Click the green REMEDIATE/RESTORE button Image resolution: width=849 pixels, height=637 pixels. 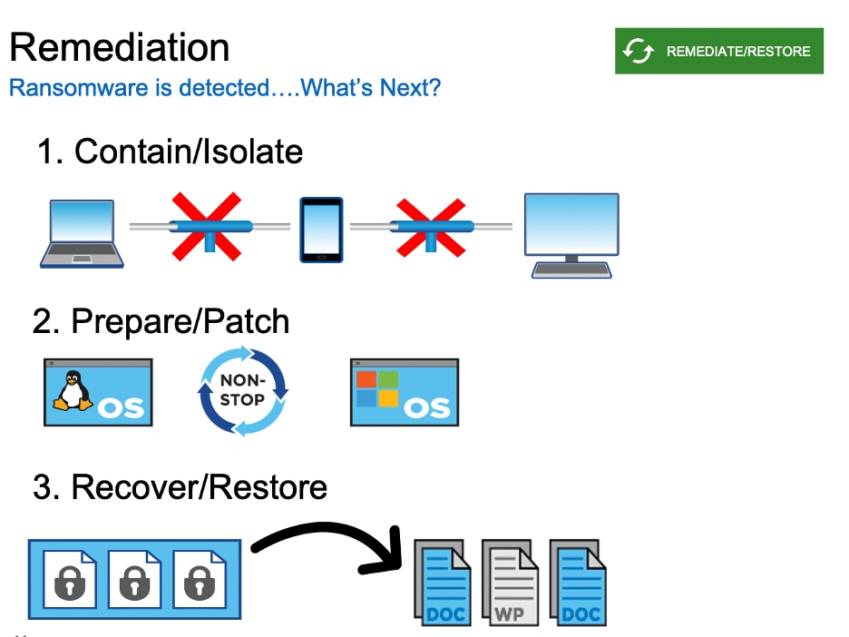(718, 51)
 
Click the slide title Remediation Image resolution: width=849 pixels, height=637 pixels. (119, 47)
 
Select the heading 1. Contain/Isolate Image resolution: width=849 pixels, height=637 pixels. (170, 152)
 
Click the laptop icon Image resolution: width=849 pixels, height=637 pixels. (82, 233)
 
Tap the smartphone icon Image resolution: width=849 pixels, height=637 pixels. (322, 230)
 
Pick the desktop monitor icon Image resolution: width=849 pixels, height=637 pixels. (571, 233)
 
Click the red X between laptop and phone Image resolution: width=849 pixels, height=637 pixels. (208, 226)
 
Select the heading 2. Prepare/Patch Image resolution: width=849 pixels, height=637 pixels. (161, 321)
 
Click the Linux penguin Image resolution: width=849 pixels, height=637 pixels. (73, 392)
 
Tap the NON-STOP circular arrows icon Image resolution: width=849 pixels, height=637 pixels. (242, 392)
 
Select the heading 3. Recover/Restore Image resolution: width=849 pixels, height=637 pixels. (180, 487)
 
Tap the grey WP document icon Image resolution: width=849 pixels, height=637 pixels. (511, 583)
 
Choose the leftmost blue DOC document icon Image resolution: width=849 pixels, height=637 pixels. (444, 583)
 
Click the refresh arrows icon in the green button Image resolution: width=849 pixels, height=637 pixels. (639, 51)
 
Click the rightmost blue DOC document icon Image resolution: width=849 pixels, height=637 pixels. (578, 583)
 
